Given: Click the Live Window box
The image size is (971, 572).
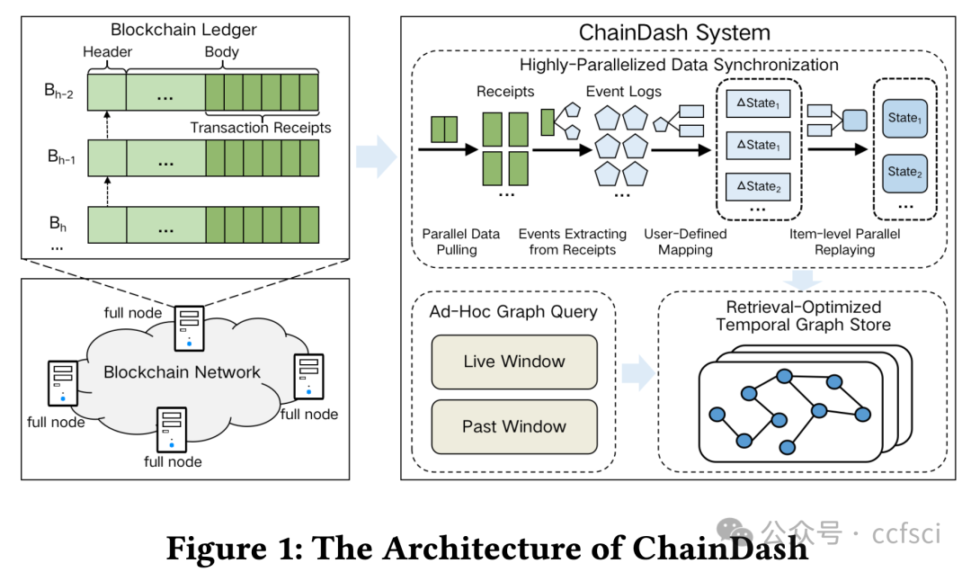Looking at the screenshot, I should click(x=514, y=362).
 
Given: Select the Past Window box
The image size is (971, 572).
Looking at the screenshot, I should click(x=514, y=426).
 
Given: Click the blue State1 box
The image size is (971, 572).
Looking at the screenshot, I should click(x=904, y=119).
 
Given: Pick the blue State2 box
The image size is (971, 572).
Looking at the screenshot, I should click(x=904, y=173).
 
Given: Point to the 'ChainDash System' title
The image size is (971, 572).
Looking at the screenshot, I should click(x=673, y=33).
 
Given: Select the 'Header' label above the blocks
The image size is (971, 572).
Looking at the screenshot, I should click(x=107, y=52).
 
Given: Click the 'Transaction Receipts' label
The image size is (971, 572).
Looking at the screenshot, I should click(x=261, y=128).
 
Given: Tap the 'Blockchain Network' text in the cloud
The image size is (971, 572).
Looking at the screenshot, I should click(x=182, y=372).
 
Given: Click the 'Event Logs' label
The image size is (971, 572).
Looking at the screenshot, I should click(x=623, y=91).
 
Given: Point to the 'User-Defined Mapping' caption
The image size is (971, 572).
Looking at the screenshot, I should click(x=685, y=241).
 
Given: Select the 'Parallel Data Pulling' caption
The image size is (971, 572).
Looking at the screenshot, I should click(x=460, y=241).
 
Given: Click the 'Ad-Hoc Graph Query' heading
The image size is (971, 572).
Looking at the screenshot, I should click(x=513, y=312).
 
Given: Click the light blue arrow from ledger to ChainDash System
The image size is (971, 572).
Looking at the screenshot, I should click(x=375, y=156).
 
